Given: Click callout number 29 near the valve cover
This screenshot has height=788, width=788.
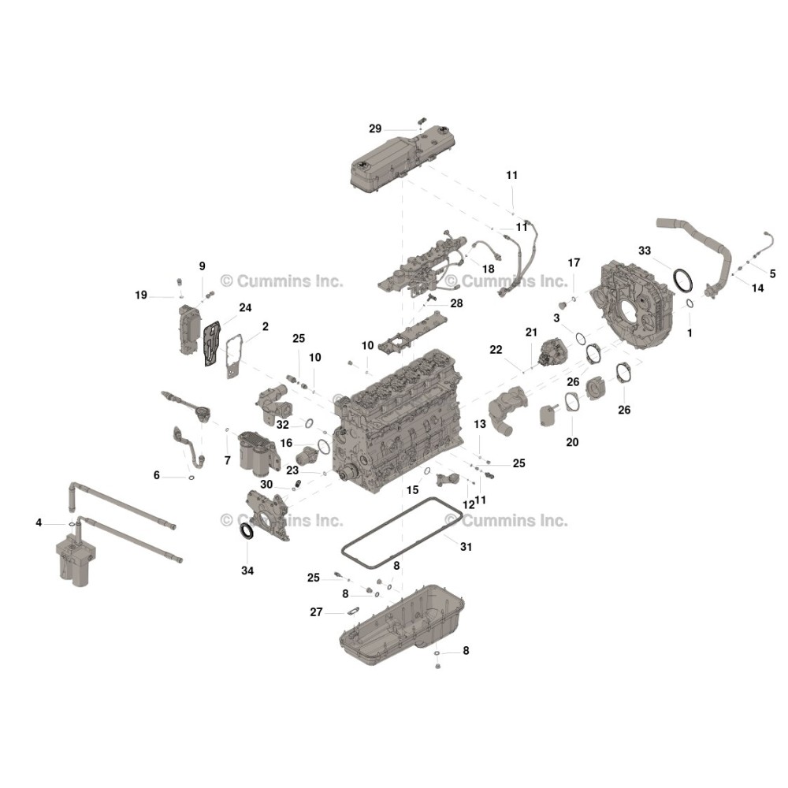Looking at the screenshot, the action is click(x=375, y=128).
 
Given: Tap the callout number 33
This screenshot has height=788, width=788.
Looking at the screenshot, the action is click(x=645, y=251).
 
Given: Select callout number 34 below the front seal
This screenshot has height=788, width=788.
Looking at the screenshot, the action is click(x=247, y=571).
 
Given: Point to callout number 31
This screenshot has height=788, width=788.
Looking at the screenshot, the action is click(x=466, y=546).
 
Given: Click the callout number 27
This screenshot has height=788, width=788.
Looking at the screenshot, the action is click(x=316, y=612).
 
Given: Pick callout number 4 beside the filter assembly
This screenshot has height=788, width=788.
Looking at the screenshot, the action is click(x=39, y=522).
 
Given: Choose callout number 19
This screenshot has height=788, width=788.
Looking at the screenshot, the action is click(x=141, y=295).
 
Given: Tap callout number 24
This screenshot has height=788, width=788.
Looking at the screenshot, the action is click(x=245, y=307).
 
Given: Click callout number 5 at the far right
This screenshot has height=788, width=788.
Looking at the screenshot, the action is click(x=772, y=273).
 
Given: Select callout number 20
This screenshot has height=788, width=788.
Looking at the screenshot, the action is click(x=572, y=442).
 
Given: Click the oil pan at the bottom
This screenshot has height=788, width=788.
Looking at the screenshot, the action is click(x=402, y=625).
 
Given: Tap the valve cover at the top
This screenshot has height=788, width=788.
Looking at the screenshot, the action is click(x=403, y=159).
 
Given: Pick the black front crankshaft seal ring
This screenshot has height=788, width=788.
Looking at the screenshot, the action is click(x=246, y=531).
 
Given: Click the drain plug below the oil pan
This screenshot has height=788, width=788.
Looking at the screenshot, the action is click(x=437, y=667).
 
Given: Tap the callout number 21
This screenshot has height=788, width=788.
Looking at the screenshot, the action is click(x=531, y=333).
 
